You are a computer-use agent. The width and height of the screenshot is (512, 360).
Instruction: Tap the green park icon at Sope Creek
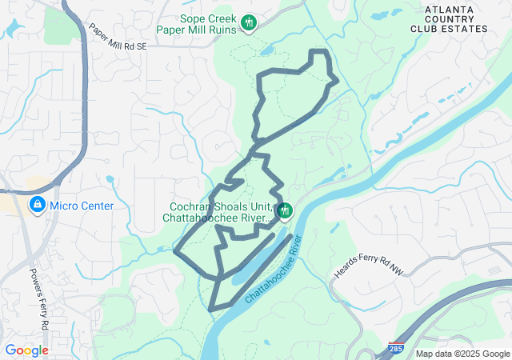pos(249,22)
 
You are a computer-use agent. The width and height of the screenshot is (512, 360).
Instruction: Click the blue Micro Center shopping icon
pos(37,206)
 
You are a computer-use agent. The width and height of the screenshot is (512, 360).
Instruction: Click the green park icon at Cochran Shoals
pos(284,210)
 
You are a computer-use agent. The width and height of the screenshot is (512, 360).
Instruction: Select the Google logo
pos(26,350)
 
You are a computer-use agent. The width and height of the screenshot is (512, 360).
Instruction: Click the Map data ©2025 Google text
pos(462,354)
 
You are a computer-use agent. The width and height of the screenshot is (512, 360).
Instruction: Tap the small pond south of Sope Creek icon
pos(266,52)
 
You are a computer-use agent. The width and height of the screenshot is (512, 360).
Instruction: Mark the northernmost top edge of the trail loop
pos(319,51)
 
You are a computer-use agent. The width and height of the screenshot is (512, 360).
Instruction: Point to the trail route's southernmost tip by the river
pos(210,309)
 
